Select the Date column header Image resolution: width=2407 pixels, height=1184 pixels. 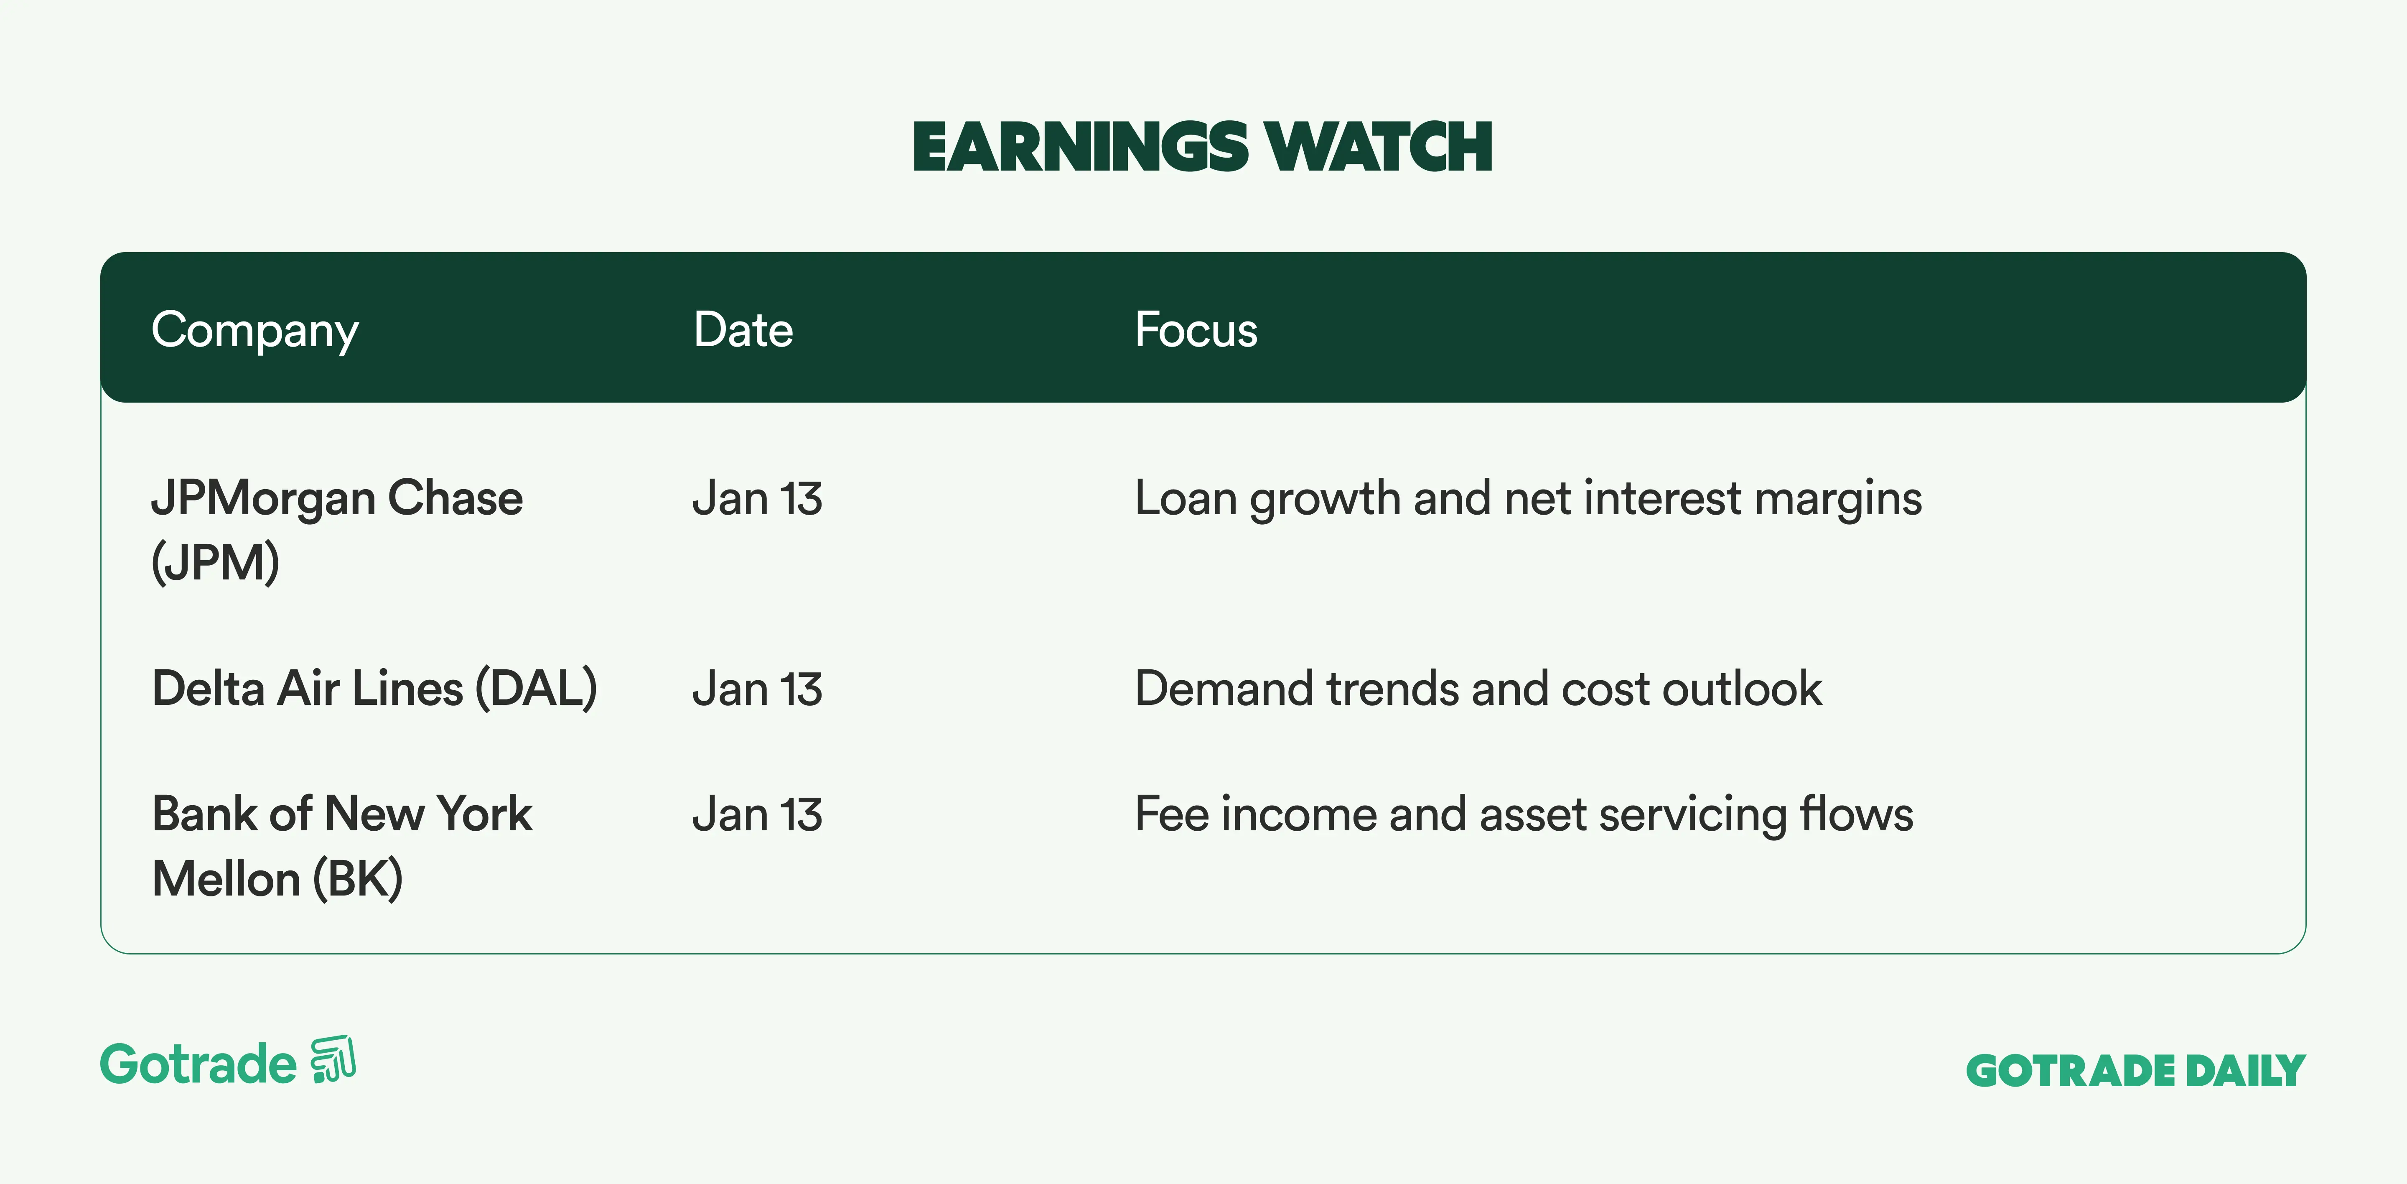743,330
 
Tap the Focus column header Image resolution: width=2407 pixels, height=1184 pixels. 1196,330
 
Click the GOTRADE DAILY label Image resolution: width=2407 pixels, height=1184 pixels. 2136,1071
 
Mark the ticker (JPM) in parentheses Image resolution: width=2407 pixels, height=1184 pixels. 215,563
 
